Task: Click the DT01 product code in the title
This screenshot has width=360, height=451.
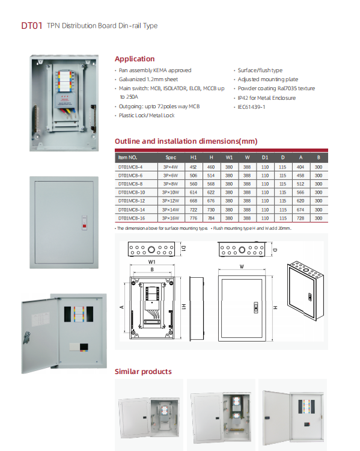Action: (31, 26)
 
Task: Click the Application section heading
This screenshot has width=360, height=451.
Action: (135, 59)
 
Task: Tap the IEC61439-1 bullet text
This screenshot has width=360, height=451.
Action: (252, 107)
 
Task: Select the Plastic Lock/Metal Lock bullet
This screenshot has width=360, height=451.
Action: (147, 115)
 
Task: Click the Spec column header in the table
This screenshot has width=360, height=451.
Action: (171, 156)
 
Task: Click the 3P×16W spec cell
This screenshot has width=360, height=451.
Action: (171, 218)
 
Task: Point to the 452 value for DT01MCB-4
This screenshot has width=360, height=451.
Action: (193, 166)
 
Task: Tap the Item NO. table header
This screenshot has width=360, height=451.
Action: (128, 156)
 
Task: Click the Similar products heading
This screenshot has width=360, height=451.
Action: (143, 372)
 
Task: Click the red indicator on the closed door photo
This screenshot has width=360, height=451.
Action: (83, 226)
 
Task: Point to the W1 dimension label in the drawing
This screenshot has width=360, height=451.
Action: (153, 262)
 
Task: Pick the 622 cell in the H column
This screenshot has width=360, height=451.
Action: (211, 192)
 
